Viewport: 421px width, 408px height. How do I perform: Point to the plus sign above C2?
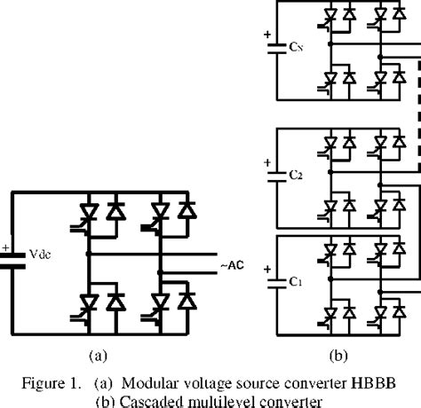tap(265, 162)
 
